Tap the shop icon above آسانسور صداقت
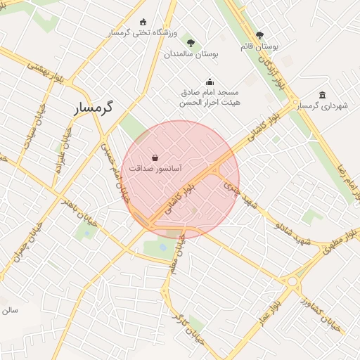point(155,157)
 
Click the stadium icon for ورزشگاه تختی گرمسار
point(143,22)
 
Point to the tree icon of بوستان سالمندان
point(191,43)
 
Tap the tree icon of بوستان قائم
point(260,35)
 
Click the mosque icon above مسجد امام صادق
point(209,82)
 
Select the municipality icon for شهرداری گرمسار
point(322,95)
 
